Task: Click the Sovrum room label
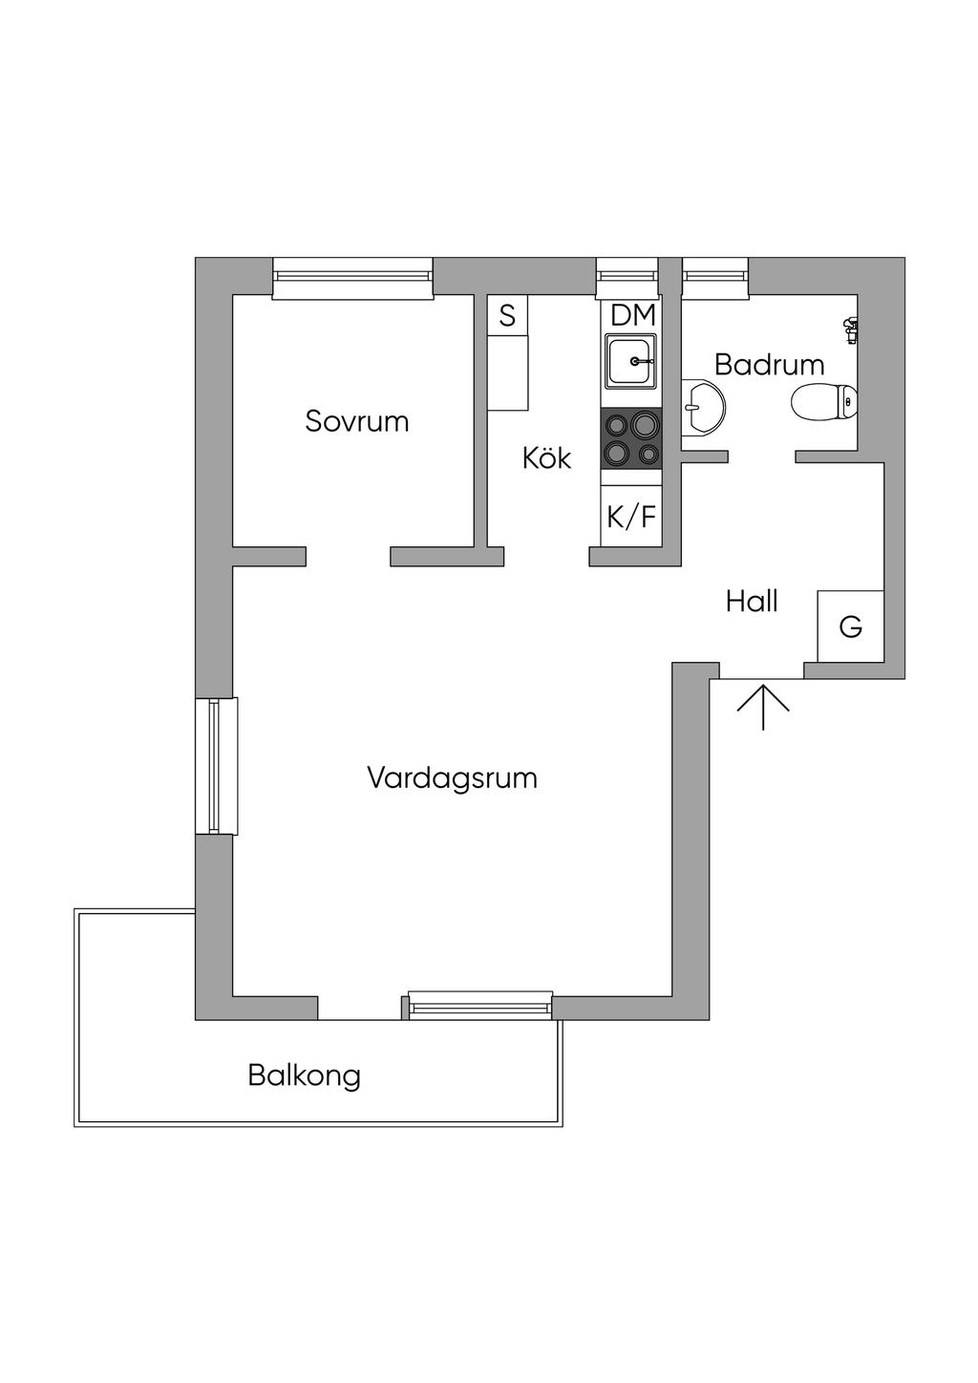356,421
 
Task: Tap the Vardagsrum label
452,777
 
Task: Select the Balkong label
304,1075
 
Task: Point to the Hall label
752,602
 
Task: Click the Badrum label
769,364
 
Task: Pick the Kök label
546,458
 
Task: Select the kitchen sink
630,361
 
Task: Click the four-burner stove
630,438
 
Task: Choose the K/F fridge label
631,517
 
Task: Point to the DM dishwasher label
632,314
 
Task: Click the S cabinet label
507,314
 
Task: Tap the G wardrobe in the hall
850,627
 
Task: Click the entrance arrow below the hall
763,706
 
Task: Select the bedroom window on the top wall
352,276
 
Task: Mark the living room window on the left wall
215,766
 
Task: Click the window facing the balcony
480,1004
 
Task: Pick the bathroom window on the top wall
714,274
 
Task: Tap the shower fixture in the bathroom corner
851,330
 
